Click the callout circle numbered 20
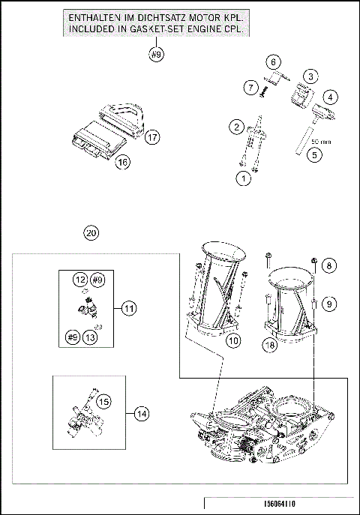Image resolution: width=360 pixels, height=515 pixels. pos(91,233)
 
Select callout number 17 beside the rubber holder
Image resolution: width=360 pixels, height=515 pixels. pos(152,137)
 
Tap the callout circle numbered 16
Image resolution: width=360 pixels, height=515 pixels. pos(122,162)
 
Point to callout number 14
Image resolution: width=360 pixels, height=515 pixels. pos(142,414)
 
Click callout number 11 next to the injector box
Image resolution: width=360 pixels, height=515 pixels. pos(129,308)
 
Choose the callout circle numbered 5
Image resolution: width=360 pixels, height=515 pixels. pos(315,154)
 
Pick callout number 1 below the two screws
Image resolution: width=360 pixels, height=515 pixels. pos(244,178)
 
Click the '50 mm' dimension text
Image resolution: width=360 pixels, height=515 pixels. pos(321,142)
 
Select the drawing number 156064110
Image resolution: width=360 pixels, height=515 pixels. pos(279,504)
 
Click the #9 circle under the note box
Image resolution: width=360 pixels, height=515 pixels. pos(156,54)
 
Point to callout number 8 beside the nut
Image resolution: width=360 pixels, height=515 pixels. pos(329,265)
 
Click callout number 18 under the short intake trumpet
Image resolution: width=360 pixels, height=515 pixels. pos(270,345)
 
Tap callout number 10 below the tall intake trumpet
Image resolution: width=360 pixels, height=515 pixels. pos(233,340)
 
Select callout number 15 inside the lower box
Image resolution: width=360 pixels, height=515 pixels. pos(103,401)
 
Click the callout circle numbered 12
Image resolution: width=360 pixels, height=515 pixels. pos(80,280)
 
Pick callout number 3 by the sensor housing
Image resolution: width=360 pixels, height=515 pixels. pos(310,77)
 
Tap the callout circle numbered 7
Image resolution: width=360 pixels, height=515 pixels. pos(251,88)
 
